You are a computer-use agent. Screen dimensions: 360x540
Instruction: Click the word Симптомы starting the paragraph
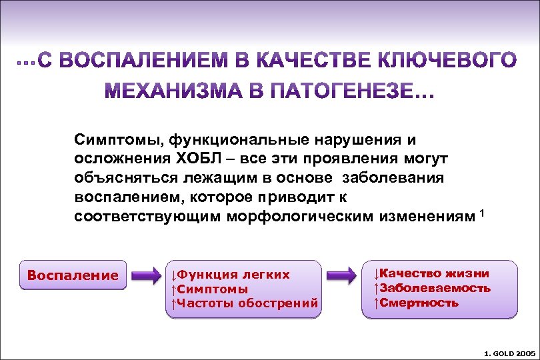[119, 140]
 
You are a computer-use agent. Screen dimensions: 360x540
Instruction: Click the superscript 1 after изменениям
[482, 213]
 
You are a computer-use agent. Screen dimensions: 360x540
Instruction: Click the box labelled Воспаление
[73, 275]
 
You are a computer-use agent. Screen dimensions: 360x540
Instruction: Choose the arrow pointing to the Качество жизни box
[341, 275]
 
